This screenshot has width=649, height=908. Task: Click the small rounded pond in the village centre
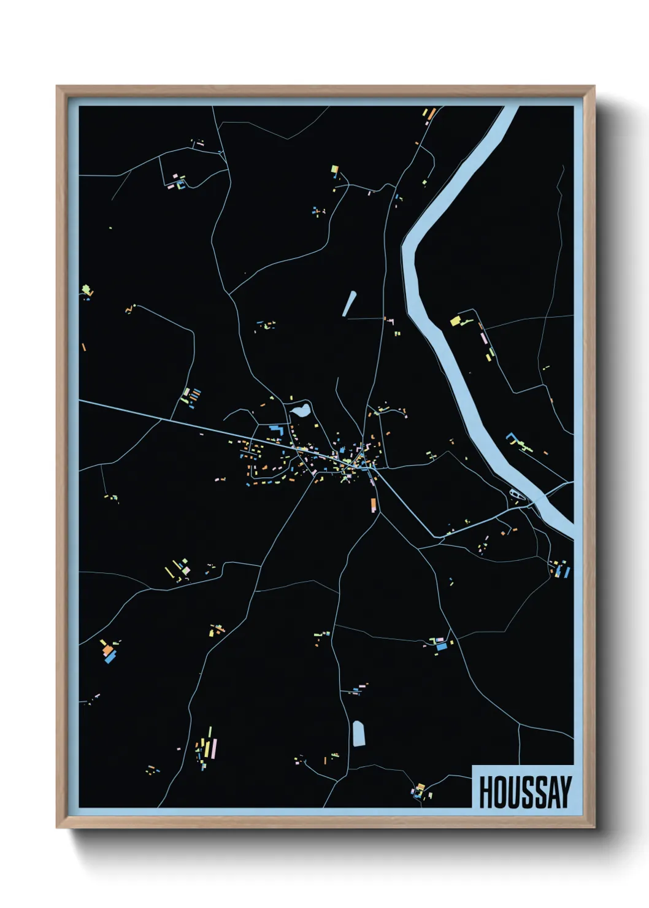(x=300, y=411)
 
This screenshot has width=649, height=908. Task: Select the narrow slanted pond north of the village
(x=350, y=304)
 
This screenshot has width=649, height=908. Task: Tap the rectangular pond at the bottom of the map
(x=359, y=733)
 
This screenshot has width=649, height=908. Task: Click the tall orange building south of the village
(x=372, y=505)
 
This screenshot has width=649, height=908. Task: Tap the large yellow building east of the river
(x=455, y=320)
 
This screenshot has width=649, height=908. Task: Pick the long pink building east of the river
(x=483, y=337)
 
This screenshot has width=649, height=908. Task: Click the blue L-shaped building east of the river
(x=510, y=438)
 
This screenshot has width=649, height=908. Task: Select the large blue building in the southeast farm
(x=442, y=646)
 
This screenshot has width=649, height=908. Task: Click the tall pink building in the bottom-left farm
(x=214, y=749)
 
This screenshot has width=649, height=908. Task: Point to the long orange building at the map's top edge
(x=431, y=113)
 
